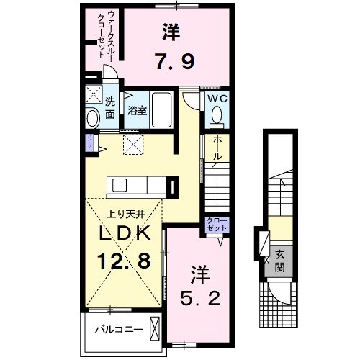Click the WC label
(x=217, y=99)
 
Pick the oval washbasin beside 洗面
(x=92, y=118)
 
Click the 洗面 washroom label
(x=110, y=108)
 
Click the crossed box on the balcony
(x=154, y=327)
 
